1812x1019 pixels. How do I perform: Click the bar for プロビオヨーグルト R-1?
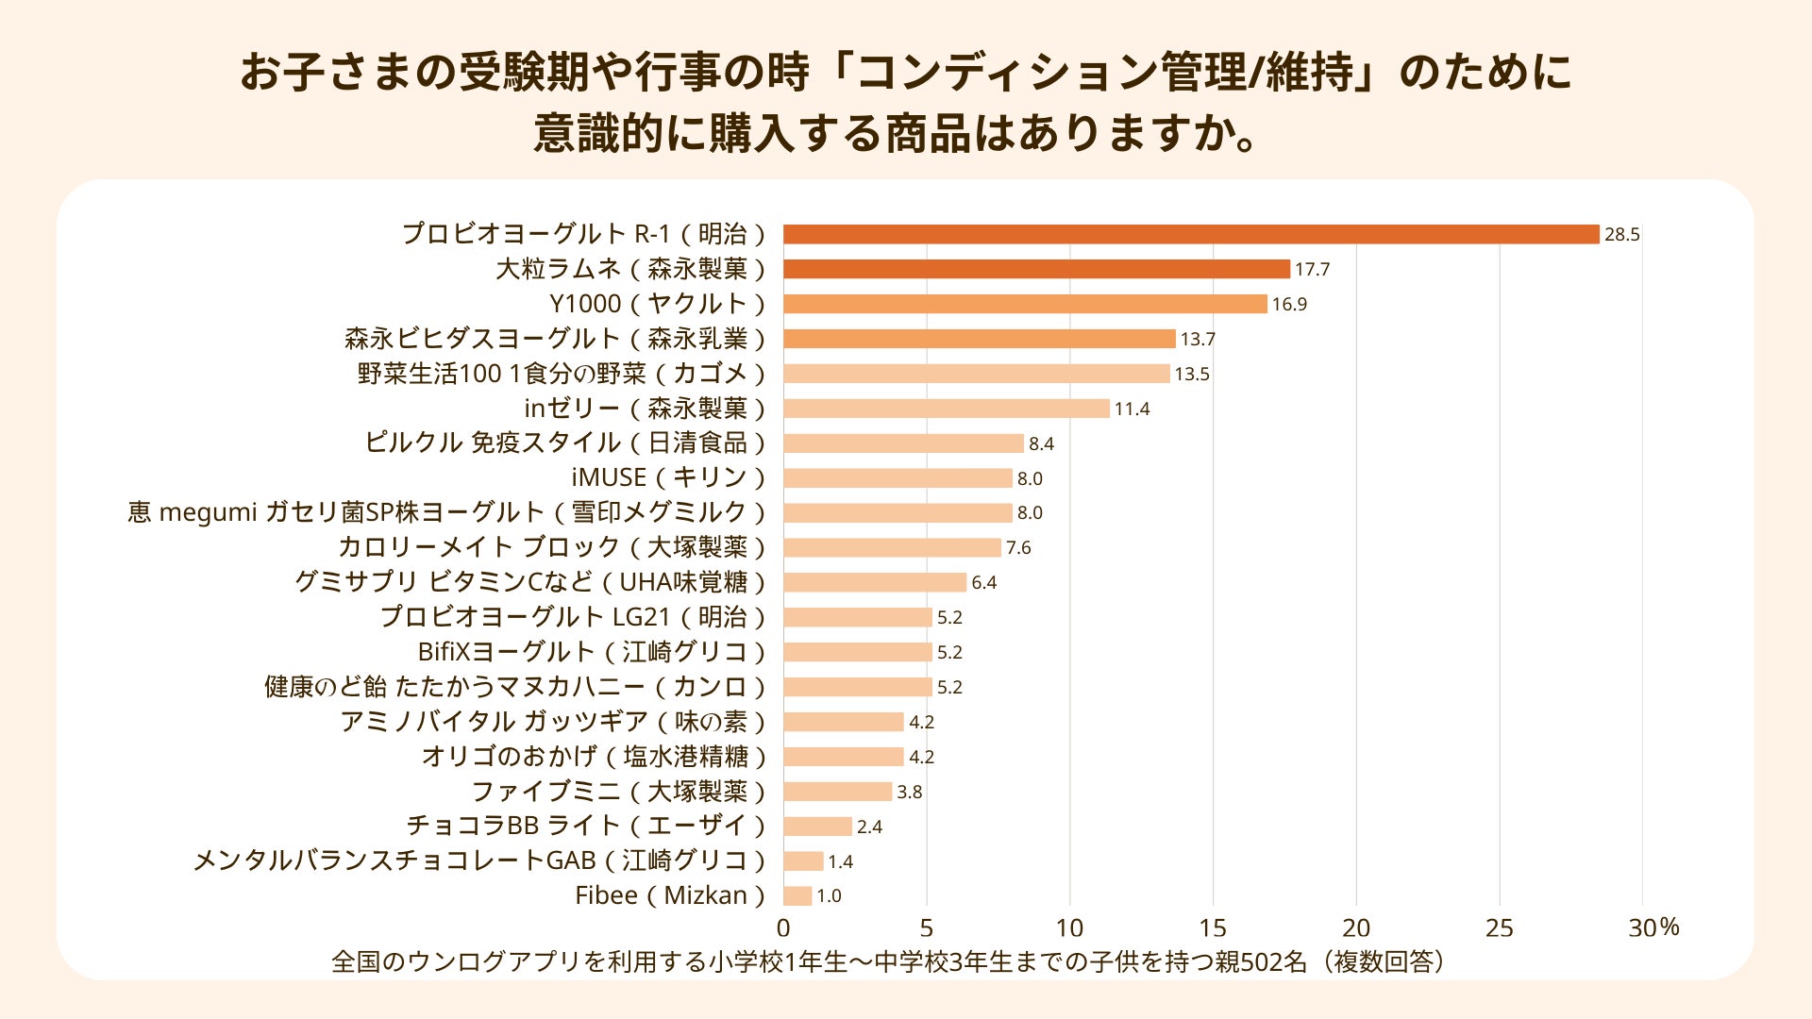click(x=1191, y=234)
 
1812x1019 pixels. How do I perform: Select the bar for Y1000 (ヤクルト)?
click(x=1025, y=304)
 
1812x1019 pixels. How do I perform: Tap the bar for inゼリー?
click(x=947, y=409)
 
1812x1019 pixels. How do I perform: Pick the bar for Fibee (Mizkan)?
click(x=797, y=895)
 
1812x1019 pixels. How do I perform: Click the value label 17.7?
click(x=1312, y=270)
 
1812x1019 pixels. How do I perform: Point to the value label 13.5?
click(x=1192, y=375)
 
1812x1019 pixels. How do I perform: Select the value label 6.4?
click(x=983, y=583)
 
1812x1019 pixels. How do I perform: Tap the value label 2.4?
click(x=869, y=827)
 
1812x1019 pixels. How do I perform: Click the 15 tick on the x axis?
click(x=1213, y=928)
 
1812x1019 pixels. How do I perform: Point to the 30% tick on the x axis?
click(x=1653, y=928)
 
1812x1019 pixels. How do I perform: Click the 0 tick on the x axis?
click(x=783, y=928)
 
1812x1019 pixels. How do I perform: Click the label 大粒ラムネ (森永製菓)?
click(x=630, y=269)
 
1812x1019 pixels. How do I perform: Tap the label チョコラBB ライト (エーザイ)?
click(x=585, y=826)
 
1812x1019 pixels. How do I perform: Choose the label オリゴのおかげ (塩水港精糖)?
click(x=594, y=757)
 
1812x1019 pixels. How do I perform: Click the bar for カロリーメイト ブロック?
click(x=892, y=548)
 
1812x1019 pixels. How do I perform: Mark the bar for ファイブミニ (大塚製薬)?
click(x=837, y=792)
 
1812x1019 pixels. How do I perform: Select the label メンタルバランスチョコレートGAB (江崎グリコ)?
click(x=478, y=860)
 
